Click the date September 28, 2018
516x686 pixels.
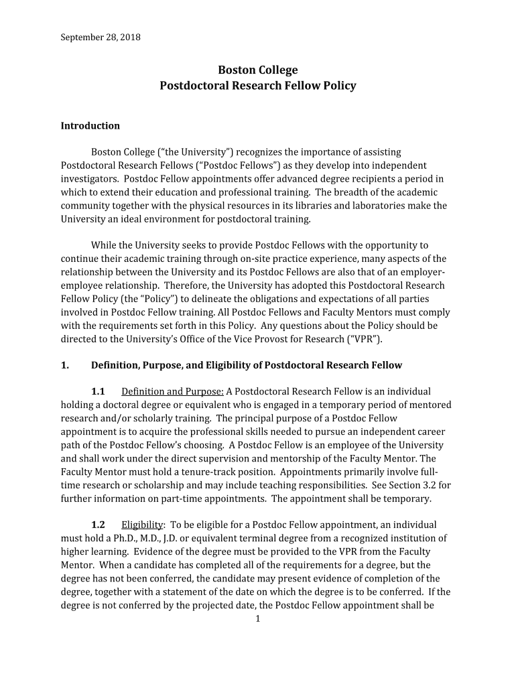pyautogui.click(x=101, y=37)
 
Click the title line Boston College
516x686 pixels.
pyautogui.click(x=258, y=70)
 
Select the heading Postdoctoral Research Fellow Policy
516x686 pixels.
pyautogui.click(x=258, y=86)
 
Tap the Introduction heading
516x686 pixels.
pyautogui.click(x=90, y=126)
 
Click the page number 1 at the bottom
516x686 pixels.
pyautogui.click(x=258, y=618)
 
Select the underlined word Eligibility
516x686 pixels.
pyautogui.click(x=142, y=525)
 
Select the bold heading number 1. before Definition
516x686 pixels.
pyautogui.click(x=65, y=365)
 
